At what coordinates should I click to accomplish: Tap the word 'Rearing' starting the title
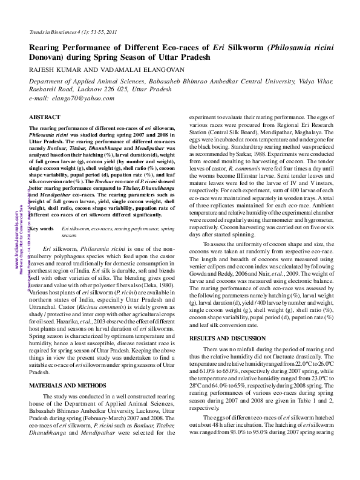46,47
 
